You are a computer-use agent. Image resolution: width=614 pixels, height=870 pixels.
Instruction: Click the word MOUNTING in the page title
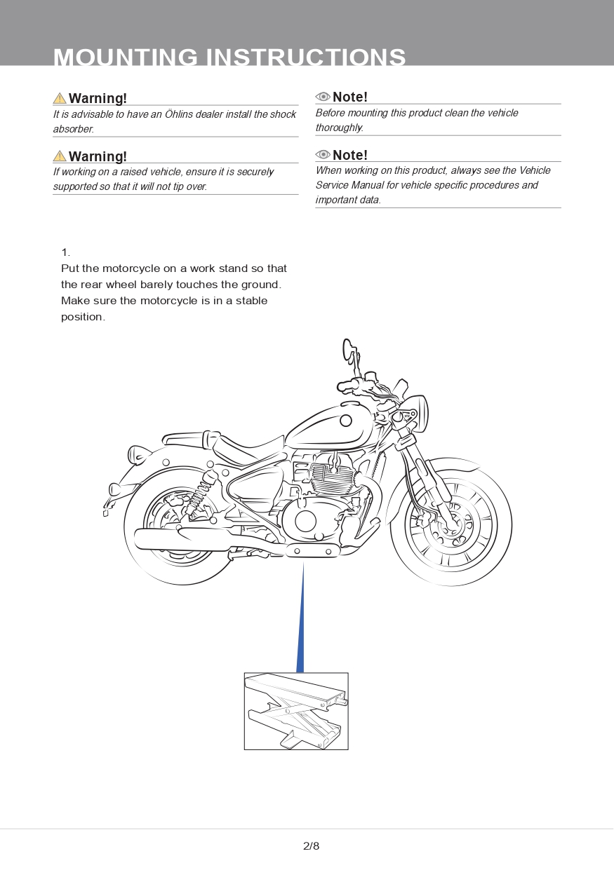(x=126, y=57)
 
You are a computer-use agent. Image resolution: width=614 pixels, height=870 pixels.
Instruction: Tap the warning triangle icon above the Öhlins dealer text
(x=60, y=98)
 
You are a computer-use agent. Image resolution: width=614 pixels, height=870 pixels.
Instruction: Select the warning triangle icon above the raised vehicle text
(x=60, y=156)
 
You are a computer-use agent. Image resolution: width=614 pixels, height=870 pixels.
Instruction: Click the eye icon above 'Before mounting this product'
(x=323, y=97)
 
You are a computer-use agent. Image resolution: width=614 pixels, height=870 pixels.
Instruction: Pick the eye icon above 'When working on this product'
(x=323, y=154)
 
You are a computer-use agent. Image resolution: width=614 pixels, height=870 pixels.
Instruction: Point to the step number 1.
(x=65, y=252)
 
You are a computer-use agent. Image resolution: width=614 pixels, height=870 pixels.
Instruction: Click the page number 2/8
(x=311, y=845)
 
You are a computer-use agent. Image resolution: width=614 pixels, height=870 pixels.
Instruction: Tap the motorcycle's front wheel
(x=451, y=523)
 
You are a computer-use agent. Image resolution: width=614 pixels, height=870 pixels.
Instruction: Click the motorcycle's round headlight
(x=417, y=413)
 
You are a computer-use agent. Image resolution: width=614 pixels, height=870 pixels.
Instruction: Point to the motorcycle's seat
(x=246, y=447)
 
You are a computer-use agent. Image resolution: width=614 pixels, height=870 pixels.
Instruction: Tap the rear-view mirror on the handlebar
(x=349, y=350)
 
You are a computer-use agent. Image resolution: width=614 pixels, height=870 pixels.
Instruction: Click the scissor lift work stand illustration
(x=296, y=711)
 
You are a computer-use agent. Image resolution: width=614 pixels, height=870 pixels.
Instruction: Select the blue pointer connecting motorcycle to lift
(x=302, y=624)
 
